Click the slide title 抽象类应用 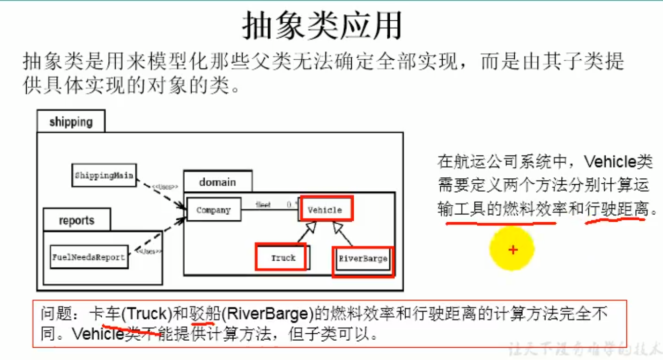[x=322, y=26]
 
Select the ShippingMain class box [x=104, y=175]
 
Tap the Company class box [x=213, y=210]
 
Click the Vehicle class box [x=325, y=210]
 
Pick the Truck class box [x=283, y=258]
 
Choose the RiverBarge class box [x=363, y=258]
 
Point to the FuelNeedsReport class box [x=88, y=257]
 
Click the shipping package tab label [x=71, y=121]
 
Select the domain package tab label [x=217, y=182]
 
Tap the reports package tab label [x=77, y=220]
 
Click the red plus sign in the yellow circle [x=513, y=250]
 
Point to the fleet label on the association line [x=263, y=204]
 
